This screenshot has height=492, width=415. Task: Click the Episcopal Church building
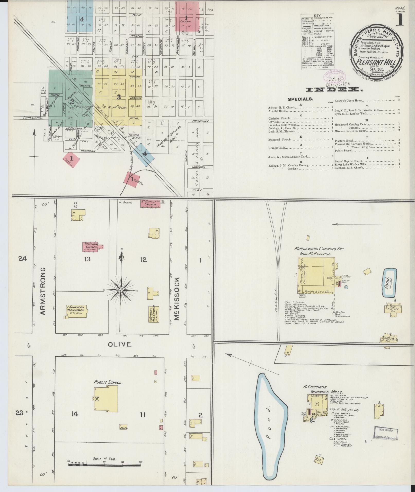click(x=92, y=247)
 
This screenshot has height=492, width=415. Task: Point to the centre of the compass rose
click(x=120, y=290)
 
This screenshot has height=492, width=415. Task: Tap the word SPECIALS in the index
click(x=301, y=99)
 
